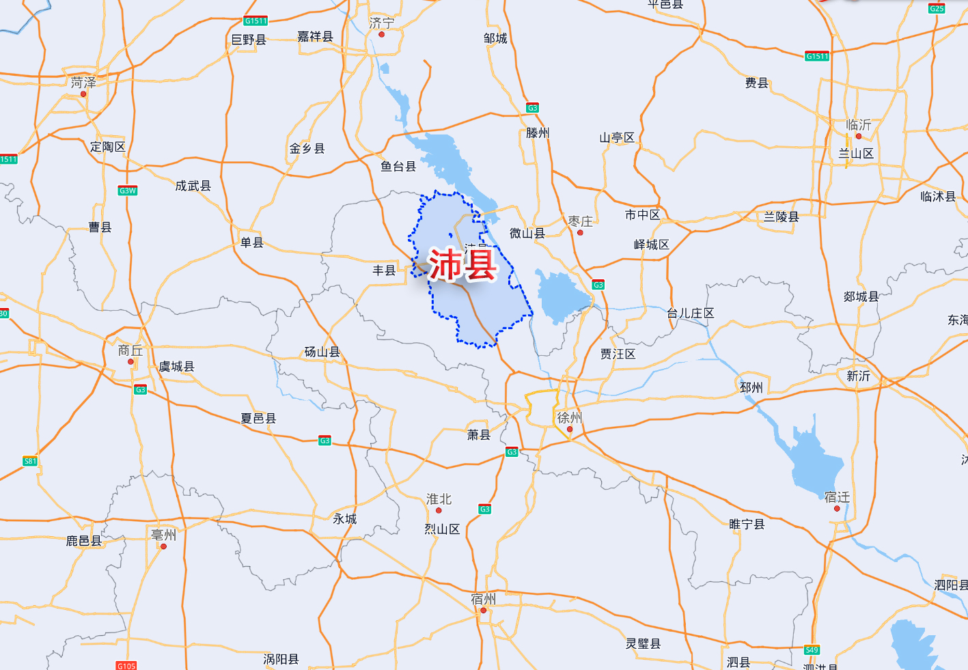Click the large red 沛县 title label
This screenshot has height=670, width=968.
(462, 265)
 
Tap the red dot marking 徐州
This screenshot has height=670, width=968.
(570, 429)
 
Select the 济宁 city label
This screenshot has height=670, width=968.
(381, 23)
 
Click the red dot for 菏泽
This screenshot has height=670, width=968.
(83, 94)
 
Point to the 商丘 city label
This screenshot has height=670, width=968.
(130, 350)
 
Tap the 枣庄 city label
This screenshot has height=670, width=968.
(581, 221)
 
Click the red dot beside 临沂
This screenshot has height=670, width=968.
(859, 136)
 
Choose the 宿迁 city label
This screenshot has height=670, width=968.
(837, 497)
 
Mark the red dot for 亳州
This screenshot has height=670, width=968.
(163, 546)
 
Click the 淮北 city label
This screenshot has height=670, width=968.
(439, 499)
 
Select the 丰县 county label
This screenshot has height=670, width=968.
(384, 270)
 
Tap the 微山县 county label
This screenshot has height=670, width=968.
(527, 234)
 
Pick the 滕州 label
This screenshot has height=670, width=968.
(538, 133)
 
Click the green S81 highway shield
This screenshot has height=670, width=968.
(30, 461)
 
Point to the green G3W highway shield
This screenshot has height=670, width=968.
(128, 191)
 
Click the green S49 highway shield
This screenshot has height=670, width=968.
(812, 650)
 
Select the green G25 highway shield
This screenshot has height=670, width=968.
(937, 8)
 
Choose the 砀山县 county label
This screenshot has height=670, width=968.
(322, 352)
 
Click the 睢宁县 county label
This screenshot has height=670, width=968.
(747, 525)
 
